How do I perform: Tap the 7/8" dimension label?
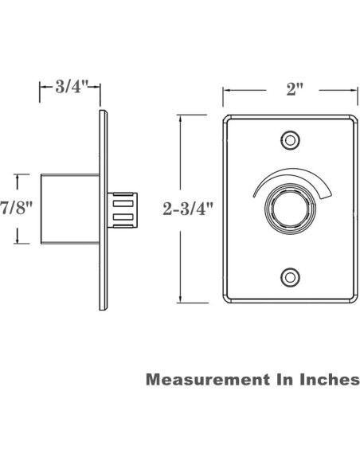(17, 209)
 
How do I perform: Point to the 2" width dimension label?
(292, 88)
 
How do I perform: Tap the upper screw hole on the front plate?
(291, 141)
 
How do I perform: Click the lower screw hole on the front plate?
(291, 276)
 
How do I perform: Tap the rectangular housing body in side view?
(69, 209)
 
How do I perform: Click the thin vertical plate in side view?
(103, 209)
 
